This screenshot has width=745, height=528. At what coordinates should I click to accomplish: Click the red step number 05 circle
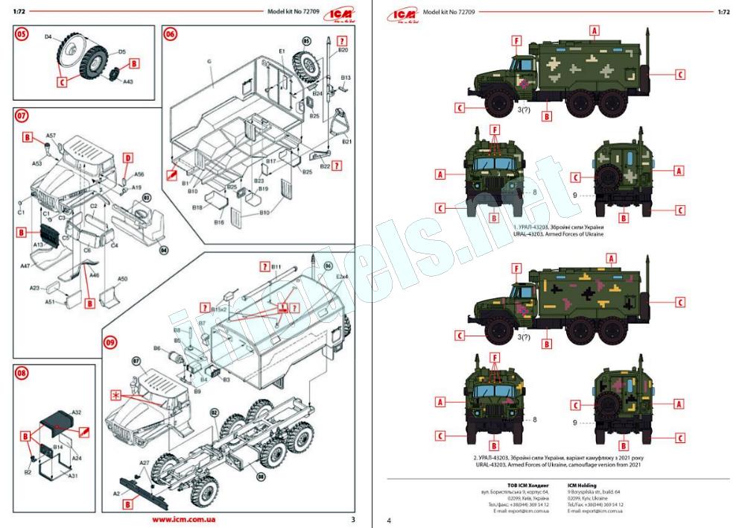(x=22, y=34)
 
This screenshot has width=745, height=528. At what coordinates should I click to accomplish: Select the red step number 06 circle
(x=171, y=34)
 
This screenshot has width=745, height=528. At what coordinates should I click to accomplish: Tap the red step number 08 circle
(x=22, y=373)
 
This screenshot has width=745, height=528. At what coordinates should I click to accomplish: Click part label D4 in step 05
(x=48, y=36)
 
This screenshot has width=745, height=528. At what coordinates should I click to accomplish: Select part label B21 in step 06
(x=346, y=142)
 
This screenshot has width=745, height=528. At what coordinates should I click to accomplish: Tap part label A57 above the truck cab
(x=51, y=136)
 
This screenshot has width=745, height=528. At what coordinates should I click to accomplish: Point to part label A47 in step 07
(x=25, y=265)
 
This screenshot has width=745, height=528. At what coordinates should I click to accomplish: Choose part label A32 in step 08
(x=77, y=412)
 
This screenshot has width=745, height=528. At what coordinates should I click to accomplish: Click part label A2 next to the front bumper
(x=116, y=494)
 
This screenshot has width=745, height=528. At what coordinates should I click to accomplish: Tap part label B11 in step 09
(x=276, y=266)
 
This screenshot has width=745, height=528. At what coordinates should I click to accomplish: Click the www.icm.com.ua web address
(x=184, y=519)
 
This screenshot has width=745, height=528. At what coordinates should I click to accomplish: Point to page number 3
(x=353, y=519)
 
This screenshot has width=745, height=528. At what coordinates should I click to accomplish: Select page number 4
(x=388, y=520)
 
